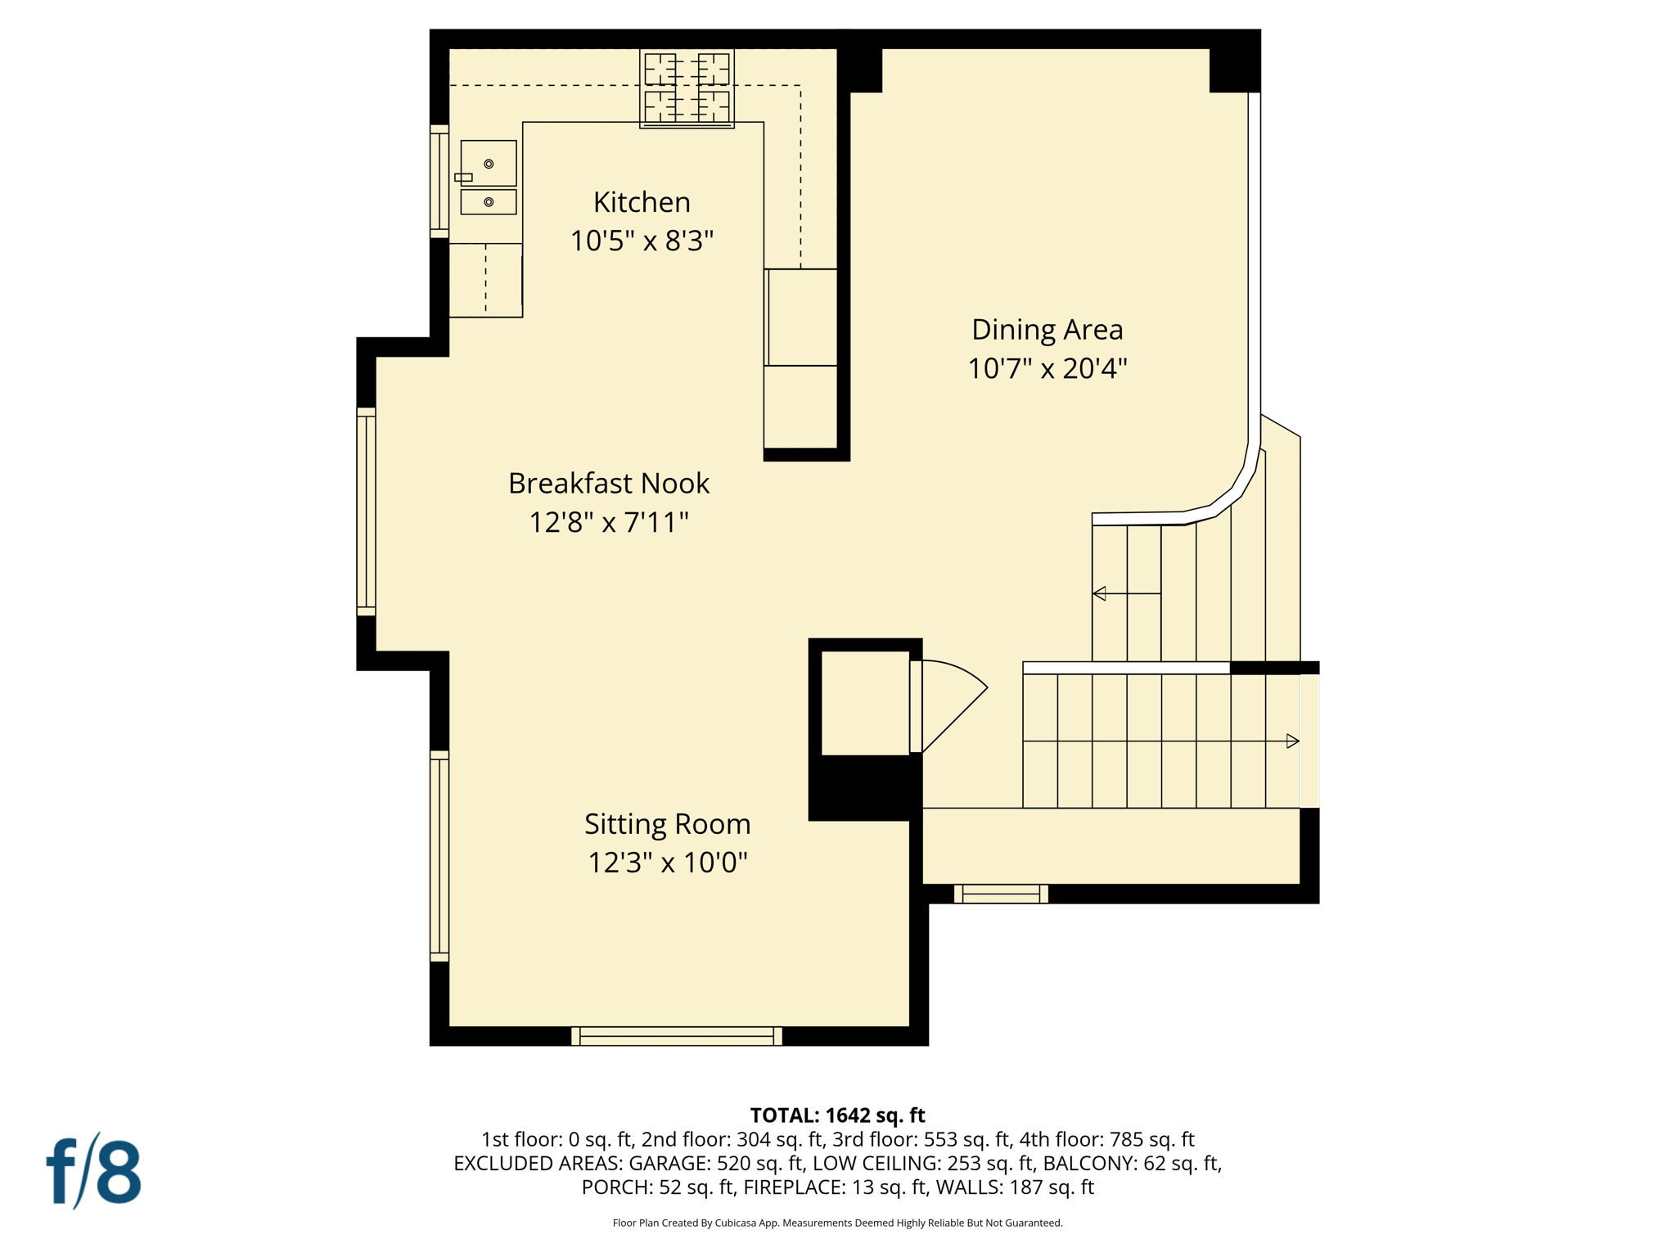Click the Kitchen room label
(642, 202)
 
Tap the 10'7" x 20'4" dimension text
(1047, 369)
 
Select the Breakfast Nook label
(608, 484)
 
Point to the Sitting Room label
(667, 824)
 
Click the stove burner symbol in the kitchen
(687, 88)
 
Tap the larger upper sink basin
(489, 163)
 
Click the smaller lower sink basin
(489, 202)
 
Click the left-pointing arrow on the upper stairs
(1101, 593)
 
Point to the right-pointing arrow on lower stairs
(1292, 741)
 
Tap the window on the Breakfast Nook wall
(366, 511)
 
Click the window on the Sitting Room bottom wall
(676, 1036)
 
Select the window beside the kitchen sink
(439, 182)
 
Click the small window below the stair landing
(1000, 894)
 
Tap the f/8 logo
(93, 1171)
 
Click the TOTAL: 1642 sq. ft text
(837, 1115)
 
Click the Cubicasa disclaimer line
(837, 1223)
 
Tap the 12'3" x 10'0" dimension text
(667, 863)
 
